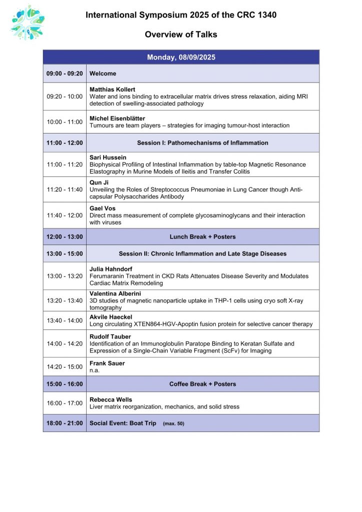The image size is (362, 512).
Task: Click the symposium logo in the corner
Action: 28,22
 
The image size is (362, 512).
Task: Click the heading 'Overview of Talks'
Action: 181,34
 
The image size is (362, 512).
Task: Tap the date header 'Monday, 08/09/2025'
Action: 181,57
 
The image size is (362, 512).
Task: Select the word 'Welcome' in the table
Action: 103,73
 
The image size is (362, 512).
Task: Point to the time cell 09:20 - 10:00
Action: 65,96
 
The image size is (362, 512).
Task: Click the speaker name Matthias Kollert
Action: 112,89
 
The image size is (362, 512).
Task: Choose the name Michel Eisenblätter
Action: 117,118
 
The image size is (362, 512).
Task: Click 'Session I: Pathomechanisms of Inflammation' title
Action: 202,143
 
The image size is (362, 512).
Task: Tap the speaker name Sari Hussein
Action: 108,157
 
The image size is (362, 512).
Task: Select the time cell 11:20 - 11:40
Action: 65,189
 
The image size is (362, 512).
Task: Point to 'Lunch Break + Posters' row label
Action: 202,236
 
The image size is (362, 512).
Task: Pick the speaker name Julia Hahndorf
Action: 111,269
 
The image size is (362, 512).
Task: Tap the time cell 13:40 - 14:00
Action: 65,320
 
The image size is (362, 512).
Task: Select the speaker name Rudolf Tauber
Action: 110,336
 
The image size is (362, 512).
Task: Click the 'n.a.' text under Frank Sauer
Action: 95,370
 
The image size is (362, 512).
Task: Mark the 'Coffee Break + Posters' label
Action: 202,384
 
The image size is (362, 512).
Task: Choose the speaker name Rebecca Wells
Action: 111,399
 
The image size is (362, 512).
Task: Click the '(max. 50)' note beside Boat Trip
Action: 173,423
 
